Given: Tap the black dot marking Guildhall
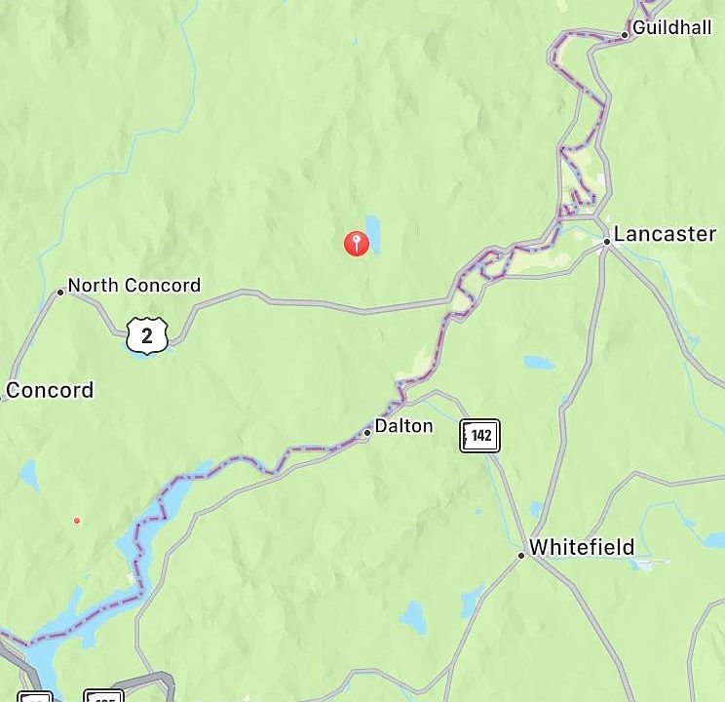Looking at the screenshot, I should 625,35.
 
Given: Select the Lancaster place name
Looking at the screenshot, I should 665,234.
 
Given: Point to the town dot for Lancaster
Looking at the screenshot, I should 606,241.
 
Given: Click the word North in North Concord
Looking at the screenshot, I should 92,286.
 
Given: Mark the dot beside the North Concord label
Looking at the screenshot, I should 60,292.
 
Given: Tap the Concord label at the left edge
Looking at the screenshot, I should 50,391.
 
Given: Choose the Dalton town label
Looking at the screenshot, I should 403,426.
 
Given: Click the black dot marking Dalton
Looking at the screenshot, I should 367,432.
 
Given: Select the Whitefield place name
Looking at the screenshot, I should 582,547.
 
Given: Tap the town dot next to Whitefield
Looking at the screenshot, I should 521,555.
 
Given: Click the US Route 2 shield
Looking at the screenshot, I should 147,336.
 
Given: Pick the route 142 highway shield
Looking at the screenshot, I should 479,436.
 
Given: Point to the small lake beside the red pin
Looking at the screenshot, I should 372,235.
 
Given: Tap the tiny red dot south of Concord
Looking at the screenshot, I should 77,521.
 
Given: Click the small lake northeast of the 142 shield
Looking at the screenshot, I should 538,363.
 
